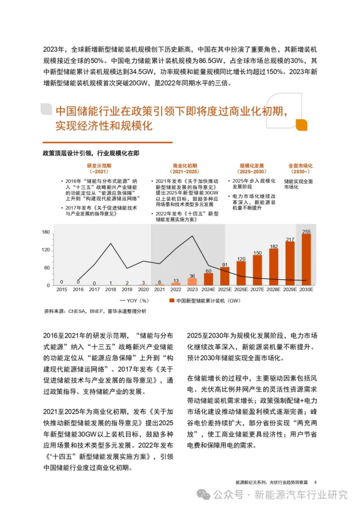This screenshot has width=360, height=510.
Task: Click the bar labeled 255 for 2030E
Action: click(306, 260)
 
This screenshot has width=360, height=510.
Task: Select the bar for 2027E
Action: click(257, 271)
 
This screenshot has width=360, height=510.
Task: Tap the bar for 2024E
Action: click(208, 279)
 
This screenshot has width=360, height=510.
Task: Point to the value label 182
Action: click(273, 247)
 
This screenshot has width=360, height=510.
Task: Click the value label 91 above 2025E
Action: click(225, 265)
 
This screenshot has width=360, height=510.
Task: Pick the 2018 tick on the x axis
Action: click(110, 290)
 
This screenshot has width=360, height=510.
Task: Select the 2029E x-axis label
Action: click(289, 290)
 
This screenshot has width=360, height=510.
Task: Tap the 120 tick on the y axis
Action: click(46, 250)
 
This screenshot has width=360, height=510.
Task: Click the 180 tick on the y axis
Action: click(46, 232)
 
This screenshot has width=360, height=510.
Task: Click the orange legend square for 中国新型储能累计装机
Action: click(171, 300)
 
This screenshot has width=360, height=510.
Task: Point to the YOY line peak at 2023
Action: click(192, 236)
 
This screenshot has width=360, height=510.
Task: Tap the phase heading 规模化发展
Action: click(252, 165)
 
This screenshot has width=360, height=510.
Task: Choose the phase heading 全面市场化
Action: click(300, 165)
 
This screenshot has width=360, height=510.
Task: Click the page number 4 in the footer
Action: click(315, 481)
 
